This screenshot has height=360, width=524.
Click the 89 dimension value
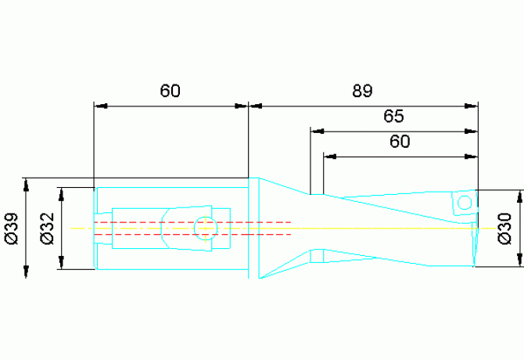tap(362, 91)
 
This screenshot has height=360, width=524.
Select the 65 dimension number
tap(393, 116)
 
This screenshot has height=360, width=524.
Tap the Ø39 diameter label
tap(12, 229)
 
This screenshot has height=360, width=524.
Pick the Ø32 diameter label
tap(47, 229)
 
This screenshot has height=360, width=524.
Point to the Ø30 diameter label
tap(504, 229)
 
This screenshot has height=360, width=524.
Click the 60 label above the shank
tap(170, 91)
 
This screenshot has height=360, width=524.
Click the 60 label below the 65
tap(400, 142)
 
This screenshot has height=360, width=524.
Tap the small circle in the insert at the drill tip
tap(465, 203)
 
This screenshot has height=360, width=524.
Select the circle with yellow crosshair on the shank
tap(206, 229)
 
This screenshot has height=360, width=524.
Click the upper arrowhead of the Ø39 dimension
tap(26, 185)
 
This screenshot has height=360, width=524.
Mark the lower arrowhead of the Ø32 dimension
tap(61, 263)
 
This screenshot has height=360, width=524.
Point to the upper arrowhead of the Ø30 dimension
tap(519, 196)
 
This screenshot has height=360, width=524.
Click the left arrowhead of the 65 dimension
tap(318, 131)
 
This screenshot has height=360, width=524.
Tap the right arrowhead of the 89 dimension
tap(471, 106)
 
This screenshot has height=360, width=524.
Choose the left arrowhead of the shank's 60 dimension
tap(101, 106)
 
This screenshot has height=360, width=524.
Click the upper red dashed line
tap(193, 222)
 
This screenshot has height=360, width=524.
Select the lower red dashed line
tap(193, 234)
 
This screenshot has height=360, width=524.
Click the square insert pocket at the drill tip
tap(465, 203)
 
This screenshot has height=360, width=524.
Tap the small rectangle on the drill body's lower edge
tap(317, 256)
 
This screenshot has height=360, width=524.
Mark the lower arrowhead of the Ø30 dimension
tap(519, 260)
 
